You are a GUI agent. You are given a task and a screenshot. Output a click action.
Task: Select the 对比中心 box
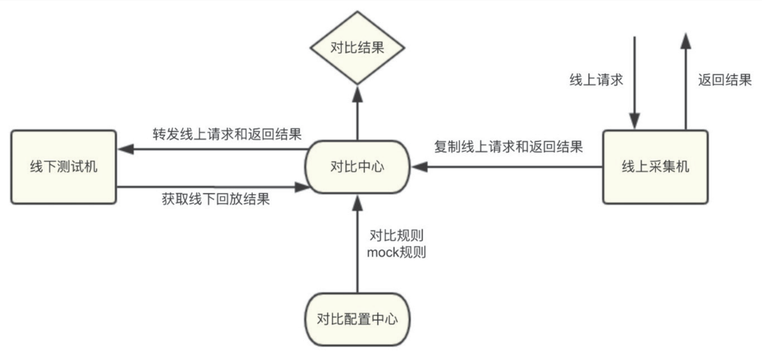pyautogui.click(x=356, y=167)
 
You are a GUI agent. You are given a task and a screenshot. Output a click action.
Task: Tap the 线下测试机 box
pyautogui.click(x=64, y=167)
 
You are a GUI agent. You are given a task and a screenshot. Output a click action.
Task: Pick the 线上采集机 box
pyautogui.click(x=655, y=167)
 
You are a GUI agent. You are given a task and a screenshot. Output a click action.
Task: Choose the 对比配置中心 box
pyautogui.click(x=356, y=319)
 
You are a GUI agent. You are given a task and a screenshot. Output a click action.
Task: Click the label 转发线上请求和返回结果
pyautogui.click(x=227, y=135)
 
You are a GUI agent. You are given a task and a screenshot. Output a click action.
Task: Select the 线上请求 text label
pyautogui.click(x=596, y=79)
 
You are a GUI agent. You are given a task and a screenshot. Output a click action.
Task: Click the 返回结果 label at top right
pyautogui.click(x=724, y=79)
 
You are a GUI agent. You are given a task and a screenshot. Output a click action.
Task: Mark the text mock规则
pyautogui.click(x=396, y=253)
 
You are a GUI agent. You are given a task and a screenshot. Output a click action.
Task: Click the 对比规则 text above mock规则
pyautogui.click(x=396, y=234)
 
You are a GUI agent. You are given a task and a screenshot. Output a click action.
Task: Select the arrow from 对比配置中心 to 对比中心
pyautogui.click(x=356, y=243)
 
